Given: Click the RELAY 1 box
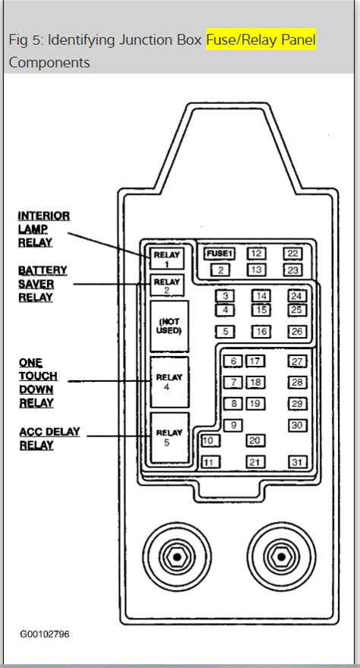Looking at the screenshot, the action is (166, 258).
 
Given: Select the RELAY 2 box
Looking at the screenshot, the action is (166, 285).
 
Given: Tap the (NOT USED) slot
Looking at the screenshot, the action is (169, 326).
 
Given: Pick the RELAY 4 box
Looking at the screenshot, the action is (169, 382).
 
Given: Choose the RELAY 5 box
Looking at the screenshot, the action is (169, 437).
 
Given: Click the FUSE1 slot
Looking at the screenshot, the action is (219, 254).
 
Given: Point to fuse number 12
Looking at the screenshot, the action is (256, 254).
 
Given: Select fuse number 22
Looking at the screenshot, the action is (292, 254).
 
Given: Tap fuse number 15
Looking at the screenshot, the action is (261, 310).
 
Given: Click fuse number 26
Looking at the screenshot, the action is (298, 332).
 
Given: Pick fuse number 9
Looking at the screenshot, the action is (233, 425).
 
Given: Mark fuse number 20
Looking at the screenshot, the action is (255, 440).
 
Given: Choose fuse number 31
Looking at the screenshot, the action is (298, 462).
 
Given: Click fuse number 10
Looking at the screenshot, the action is (210, 440).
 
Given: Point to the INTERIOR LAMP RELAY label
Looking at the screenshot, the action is (44, 229).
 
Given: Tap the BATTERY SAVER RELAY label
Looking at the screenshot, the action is (43, 284).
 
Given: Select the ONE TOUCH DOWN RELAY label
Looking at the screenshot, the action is (38, 383).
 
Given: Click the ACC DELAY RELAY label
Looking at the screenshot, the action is (49, 439).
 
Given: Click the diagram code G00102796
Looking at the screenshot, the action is (45, 634).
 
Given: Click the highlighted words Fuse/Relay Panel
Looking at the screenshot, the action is (261, 39).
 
